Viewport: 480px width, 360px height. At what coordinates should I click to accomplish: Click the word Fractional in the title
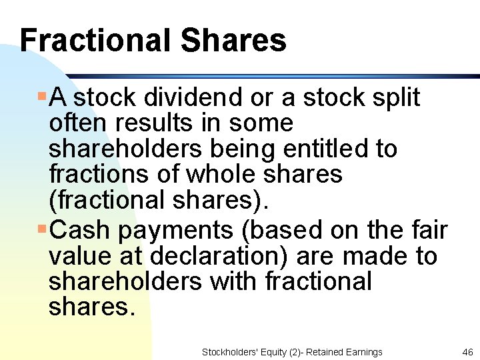pyautogui.click(x=94, y=40)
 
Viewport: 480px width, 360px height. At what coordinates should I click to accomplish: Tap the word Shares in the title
pyautogui.click(x=233, y=40)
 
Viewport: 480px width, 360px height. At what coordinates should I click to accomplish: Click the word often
pyautogui.click(x=71, y=123)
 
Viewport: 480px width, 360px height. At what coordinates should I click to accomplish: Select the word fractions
pyautogui.click(x=93, y=175)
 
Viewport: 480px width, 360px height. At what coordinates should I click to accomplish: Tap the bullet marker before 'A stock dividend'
pyautogui.click(x=42, y=97)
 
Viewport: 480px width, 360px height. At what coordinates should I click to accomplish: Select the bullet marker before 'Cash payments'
pyautogui.click(x=42, y=229)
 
